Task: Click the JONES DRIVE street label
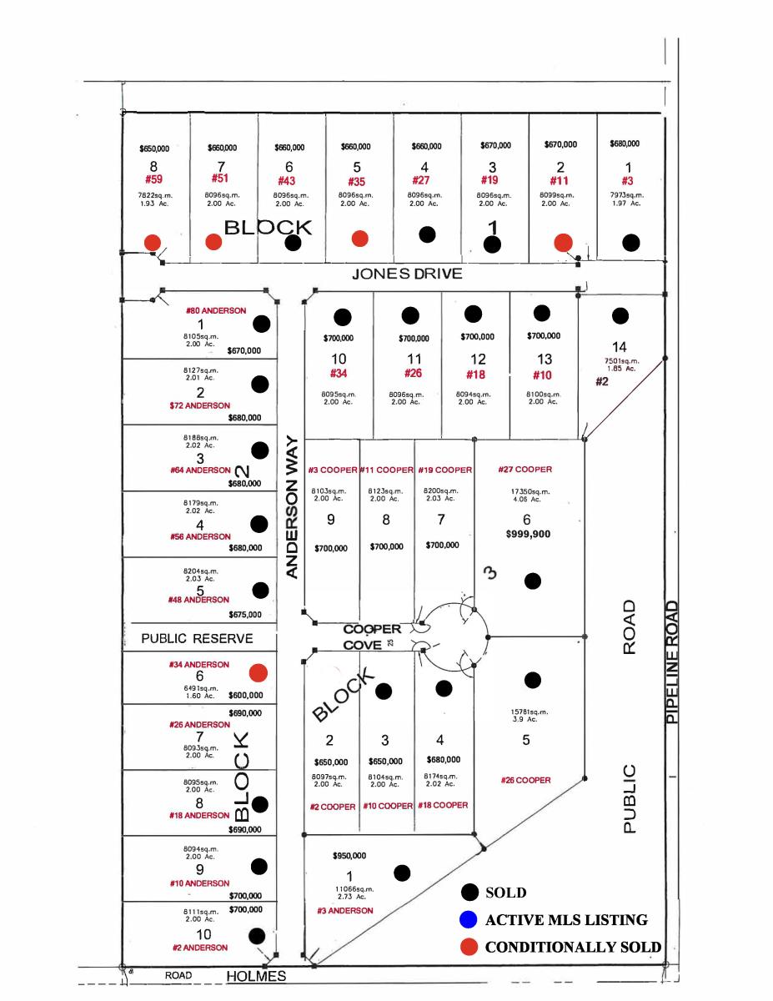[x=406, y=274]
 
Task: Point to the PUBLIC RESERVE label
[x=197, y=639]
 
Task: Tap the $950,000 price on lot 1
[x=349, y=856]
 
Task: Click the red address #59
[x=153, y=179]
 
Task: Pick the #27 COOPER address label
[x=525, y=470]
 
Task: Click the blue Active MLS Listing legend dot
[x=469, y=920]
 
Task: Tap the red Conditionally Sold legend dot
[x=469, y=948]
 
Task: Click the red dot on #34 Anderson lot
[x=259, y=672]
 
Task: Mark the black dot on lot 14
[x=620, y=315]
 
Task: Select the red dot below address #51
[x=213, y=242]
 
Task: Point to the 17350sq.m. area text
[x=525, y=491]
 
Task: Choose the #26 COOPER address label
[x=525, y=781]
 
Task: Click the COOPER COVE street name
[x=373, y=636]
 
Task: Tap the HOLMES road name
[x=257, y=976]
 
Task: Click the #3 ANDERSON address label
[x=345, y=910]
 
